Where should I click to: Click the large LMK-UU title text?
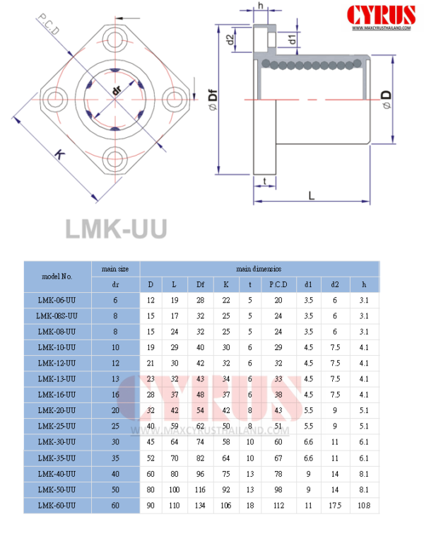coord(116,228)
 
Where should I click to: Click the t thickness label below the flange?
coord(264,181)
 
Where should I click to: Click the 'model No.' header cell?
coord(57,277)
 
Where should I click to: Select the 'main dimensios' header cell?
coord(259,269)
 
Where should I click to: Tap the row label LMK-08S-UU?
coord(57,315)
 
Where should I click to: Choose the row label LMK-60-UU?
coord(57,505)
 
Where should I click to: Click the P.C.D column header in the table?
coord(278,284)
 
